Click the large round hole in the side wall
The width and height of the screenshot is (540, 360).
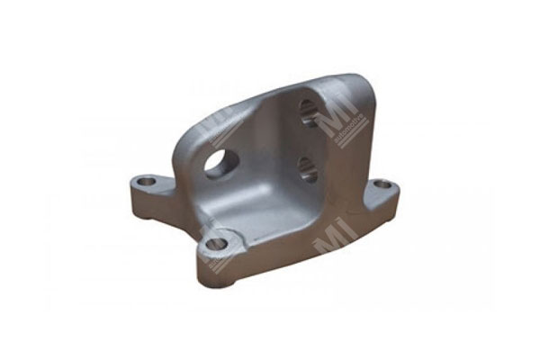pos(220,163)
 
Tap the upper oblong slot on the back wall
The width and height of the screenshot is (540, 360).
pos(306,113)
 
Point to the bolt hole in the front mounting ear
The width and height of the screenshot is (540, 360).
pos(217,242)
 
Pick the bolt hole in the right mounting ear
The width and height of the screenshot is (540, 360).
pos(382,184)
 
